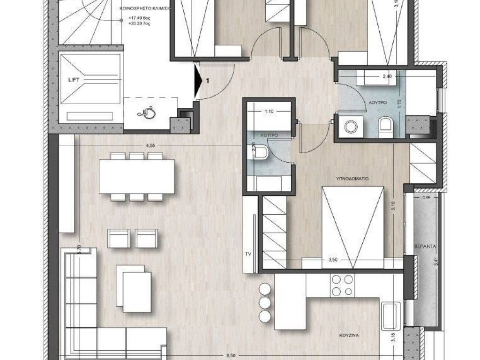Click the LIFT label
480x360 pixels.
(x=73, y=80)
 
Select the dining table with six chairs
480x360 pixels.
(x=136, y=177)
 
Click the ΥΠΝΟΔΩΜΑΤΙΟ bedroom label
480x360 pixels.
(x=354, y=179)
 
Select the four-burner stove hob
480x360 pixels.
(x=342, y=285)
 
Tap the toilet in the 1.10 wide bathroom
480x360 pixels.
(x=261, y=152)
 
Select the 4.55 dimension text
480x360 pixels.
(x=150, y=146)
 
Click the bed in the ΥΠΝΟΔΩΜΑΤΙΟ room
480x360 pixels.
(x=352, y=227)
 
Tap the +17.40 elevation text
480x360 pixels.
(x=136, y=20)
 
